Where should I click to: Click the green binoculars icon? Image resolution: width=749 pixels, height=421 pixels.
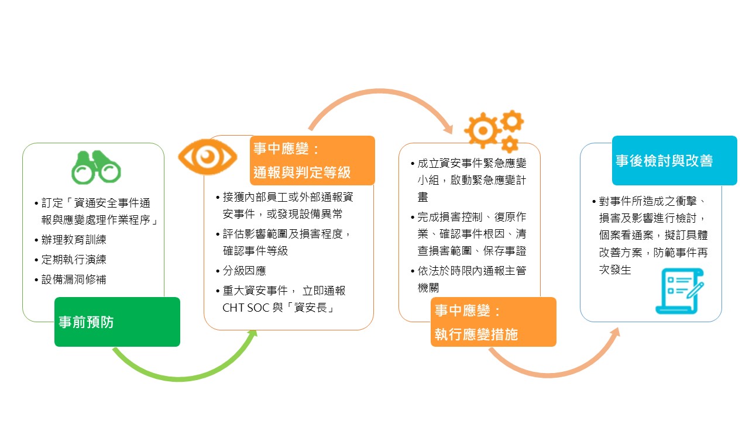pyautogui.click(x=96, y=167)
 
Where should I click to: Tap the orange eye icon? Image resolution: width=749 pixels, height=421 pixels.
pyautogui.click(x=207, y=157)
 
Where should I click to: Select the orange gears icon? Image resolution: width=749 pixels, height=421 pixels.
pyautogui.click(x=494, y=131)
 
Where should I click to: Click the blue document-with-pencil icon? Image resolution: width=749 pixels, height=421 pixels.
pyautogui.click(x=680, y=291)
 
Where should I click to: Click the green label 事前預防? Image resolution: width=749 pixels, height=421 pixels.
pyautogui.click(x=117, y=322)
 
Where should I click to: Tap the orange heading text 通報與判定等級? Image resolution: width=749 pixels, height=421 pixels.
pyautogui.click(x=302, y=172)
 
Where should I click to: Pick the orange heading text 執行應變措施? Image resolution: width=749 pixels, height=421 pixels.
pyautogui.click(x=476, y=334)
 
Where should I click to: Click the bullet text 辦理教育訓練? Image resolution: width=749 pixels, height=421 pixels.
pyautogui.click(x=74, y=240)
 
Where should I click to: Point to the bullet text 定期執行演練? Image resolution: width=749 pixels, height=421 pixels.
pyautogui.click(x=74, y=260)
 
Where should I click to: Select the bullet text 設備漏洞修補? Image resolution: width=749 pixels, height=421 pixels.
pyautogui.click(x=74, y=279)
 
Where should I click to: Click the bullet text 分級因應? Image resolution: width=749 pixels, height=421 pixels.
pyautogui.click(x=245, y=271)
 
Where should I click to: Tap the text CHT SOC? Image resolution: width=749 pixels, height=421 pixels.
pyautogui.click(x=246, y=308)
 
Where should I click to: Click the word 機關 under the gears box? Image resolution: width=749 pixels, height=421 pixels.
pyautogui.click(x=428, y=288)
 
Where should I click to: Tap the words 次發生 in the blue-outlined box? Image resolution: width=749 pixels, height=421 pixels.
pyautogui.click(x=615, y=270)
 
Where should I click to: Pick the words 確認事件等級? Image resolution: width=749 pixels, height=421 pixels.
pyautogui.click(x=256, y=251)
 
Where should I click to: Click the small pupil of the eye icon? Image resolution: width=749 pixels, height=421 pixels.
pyautogui.click(x=207, y=156)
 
